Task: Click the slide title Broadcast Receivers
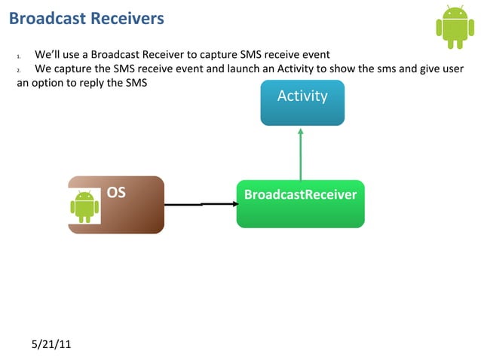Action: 86,18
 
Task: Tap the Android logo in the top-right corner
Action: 455,27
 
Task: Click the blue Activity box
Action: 302,102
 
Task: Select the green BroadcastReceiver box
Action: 300,203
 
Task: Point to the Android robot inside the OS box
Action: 84,206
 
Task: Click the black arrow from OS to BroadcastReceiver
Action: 200,203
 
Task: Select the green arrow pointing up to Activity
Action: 300,154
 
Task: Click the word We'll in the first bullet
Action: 47,55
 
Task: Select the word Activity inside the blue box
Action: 302,96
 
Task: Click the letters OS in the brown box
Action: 116,192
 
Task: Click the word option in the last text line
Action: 54,83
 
